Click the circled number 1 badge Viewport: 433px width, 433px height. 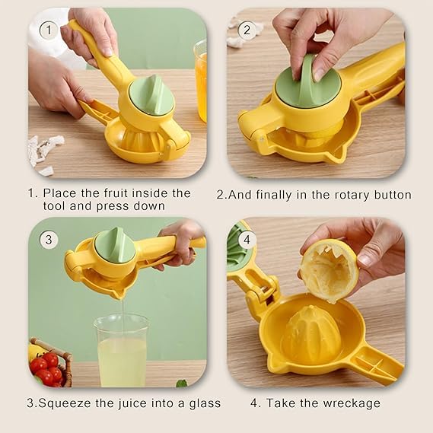(48, 30)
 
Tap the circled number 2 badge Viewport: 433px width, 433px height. (246, 30)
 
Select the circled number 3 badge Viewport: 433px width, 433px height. (49, 240)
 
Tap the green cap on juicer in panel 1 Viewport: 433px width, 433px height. (152, 96)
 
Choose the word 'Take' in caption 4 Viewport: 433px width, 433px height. (289, 403)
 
